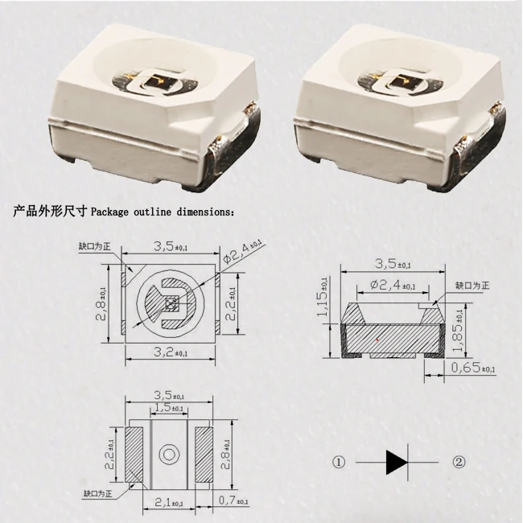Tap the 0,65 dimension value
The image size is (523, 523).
(472, 369)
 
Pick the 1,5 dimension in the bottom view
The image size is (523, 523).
(167, 408)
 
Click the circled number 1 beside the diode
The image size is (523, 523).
(339, 462)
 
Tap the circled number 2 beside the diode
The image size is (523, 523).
(459, 462)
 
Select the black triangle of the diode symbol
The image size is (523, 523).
(397, 462)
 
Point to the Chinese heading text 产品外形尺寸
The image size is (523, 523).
(47, 212)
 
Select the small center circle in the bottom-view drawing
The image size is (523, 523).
(168, 455)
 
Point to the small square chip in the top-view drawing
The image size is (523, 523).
(170, 304)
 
